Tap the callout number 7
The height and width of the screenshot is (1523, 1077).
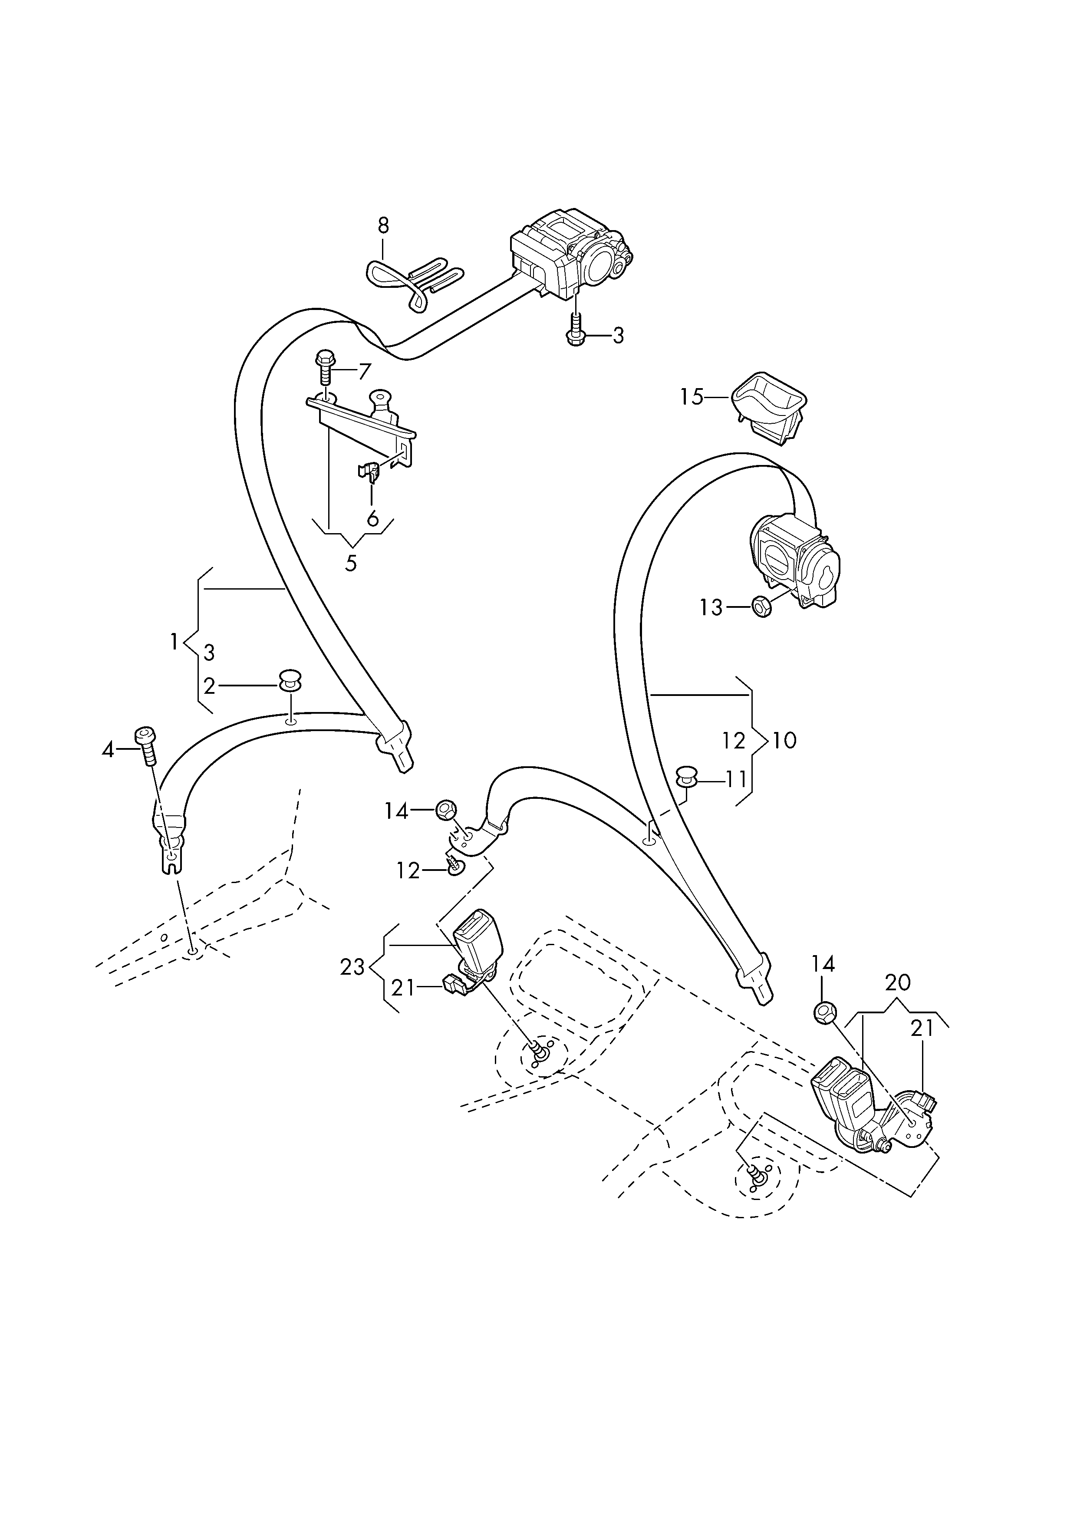point(365,372)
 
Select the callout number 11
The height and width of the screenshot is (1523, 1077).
point(736,779)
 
